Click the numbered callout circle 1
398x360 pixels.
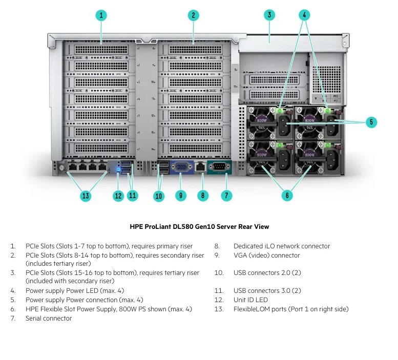point(101,15)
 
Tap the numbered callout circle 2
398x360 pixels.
point(193,15)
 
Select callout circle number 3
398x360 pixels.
point(269,15)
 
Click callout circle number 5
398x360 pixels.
point(372,122)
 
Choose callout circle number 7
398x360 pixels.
point(226,195)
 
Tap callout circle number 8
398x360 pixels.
point(203,195)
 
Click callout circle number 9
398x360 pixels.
point(180,195)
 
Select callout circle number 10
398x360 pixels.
point(158,195)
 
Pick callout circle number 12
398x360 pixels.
point(118,195)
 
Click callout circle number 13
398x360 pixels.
point(86,195)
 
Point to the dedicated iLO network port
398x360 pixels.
point(201,167)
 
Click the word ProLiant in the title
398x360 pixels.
point(162,226)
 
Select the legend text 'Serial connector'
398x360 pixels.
point(49,319)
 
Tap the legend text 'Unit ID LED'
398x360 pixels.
point(250,300)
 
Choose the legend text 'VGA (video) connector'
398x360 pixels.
point(267,255)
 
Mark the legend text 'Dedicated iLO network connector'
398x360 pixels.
point(282,246)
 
